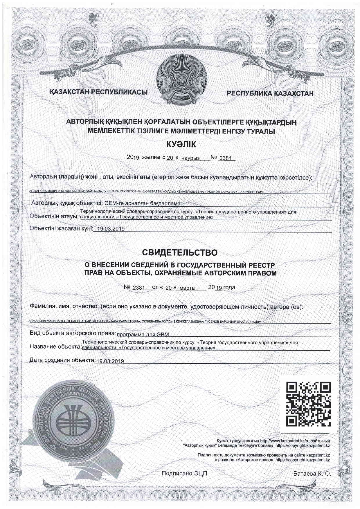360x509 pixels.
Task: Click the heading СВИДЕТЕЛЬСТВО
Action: pos(180,252)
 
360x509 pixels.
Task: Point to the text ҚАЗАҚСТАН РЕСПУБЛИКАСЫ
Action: pos(99,92)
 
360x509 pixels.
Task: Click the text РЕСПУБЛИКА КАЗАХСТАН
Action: pos(270,93)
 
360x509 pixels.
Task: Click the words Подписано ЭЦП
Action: pos(184,474)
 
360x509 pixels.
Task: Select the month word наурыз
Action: pos(190,158)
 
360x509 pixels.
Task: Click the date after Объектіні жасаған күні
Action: pos(111,229)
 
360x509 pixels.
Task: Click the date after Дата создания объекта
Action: pos(110,361)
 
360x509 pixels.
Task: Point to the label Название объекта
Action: pos(55,347)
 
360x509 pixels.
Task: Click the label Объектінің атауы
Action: pos(54,216)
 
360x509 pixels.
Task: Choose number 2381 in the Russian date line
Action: pos(139,288)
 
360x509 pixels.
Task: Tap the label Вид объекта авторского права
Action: pos(73,333)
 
